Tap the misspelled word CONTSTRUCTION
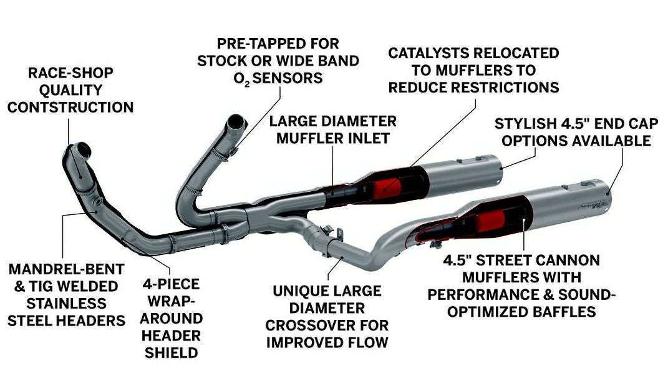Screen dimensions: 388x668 tap(70, 107)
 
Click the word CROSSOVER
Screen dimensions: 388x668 tap(326, 326)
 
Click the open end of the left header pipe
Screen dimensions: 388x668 tap(82, 151)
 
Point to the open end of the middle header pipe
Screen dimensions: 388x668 tap(235, 121)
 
